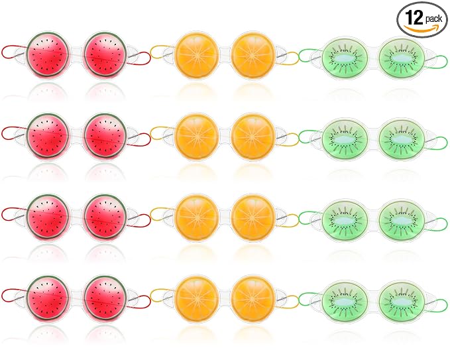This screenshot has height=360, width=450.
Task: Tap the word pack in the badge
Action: click(x=433, y=19)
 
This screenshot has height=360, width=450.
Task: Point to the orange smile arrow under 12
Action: click(x=422, y=28)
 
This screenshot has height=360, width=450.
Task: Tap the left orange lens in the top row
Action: click(x=197, y=56)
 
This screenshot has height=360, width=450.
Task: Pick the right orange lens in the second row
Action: click(x=253, y=137)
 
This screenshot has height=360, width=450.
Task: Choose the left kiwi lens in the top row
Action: click(x=345, y=58)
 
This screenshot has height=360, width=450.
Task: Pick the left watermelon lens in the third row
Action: click(x=48, y=217)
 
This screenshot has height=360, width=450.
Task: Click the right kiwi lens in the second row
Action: click(x=402, y=139)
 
